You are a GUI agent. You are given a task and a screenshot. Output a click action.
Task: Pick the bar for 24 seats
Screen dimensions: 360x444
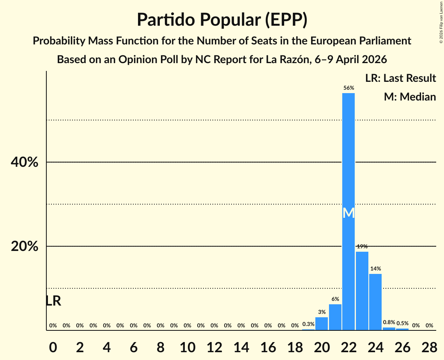pyautogui.click(x=375, y=302)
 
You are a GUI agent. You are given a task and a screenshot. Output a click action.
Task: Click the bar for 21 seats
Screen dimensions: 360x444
pyautogui.click(x=335, y=317)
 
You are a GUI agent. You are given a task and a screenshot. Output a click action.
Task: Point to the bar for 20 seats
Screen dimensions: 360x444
pyautogui.click(x=322, y=324)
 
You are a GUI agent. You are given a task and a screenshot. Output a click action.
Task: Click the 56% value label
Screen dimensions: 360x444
pyautogui.click(x=348, y=88)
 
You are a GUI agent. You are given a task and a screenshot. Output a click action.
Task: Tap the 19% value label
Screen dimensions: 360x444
pyautogui.click(x=362, y=246)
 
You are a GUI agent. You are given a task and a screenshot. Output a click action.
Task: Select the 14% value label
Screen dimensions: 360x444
pyautogui.click(x=375, y=268)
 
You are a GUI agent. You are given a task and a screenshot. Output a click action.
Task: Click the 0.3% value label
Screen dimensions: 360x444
pyautogui.click(x=308, y=324)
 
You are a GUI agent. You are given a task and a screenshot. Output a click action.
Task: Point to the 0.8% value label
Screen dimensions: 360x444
pyautogui.click(x=389, y=322)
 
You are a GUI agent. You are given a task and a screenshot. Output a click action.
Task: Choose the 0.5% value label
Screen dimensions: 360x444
pyautogui.click(x=402, y=323)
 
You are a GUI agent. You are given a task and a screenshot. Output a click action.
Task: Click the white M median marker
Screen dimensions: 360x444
pyautogui.click(x=348, y=213)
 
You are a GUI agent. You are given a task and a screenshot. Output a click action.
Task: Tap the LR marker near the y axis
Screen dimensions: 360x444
pyautogui.click(x=53, y=301)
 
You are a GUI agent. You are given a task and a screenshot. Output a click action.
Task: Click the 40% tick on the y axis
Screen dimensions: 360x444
pyautogui.click(x=25, y=162)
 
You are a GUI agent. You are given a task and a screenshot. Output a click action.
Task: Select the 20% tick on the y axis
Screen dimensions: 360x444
pyautogui.click(x=25, y=247)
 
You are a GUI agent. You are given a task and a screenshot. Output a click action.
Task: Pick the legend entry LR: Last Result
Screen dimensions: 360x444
pyautogui.click(x=400, y=78)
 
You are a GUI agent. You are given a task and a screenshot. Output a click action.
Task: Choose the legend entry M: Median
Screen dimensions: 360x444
pyautogui.click(x=410, y=96)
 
